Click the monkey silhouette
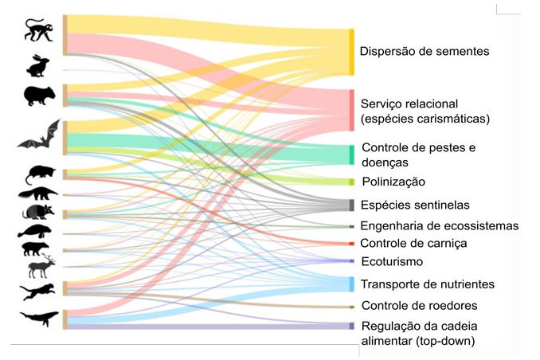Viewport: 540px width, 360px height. (x=37, y=29)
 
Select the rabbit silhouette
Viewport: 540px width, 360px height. (x=37, y=65)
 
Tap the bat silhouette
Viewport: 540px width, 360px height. (x=39, y=136)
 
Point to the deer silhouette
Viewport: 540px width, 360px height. (x=38, y=268)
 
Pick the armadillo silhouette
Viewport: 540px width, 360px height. (x=38, y=213)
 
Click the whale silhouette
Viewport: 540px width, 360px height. (x=39, y=318)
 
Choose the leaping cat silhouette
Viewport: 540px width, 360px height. (x=38, y=292)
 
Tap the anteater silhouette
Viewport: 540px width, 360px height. (x=38, y=194)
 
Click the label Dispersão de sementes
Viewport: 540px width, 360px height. (x=423, y=52)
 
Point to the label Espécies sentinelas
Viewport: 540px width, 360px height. (x=415, y=205)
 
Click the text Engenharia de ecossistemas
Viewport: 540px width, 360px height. (x=439, y=226)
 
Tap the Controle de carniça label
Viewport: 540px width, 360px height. (x=413, y=244)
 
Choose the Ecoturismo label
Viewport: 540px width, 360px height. (x=391, y=261)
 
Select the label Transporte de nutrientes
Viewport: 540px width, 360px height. (x=427, y=284)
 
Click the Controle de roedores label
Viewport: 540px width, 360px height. (x=419, y=306)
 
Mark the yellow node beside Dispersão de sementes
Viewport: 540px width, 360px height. (x=351, y=52)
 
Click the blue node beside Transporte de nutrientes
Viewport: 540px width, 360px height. (x=351, y=284)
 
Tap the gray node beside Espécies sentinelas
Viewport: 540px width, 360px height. (x=351, y=205)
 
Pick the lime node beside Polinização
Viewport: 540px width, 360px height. (x=351, y=182)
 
